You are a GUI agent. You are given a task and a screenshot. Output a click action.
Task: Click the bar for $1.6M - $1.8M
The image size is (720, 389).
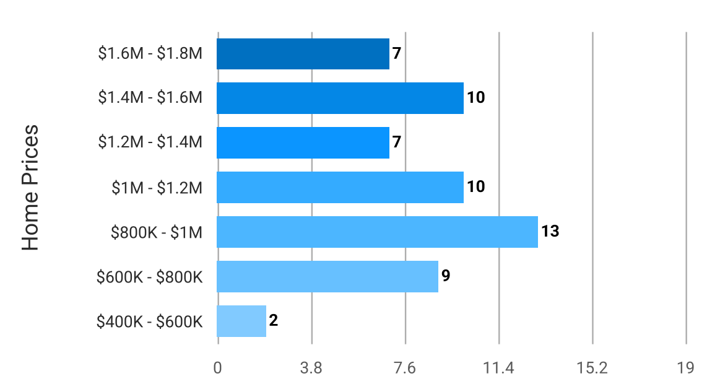click(303, 54)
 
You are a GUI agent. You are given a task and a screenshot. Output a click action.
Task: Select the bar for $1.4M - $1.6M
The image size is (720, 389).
click(340, 98)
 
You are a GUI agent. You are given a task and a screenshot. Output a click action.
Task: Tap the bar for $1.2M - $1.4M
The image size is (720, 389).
click(303, 142)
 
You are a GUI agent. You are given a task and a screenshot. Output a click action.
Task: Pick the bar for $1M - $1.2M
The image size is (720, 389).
click(340, 187)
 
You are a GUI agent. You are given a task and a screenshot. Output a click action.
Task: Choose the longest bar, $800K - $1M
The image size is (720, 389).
click(377, 232)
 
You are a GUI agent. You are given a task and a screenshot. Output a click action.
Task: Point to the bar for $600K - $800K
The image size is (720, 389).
click(327, 276)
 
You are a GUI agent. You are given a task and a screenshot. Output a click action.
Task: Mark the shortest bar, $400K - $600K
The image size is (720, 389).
click(241, 321)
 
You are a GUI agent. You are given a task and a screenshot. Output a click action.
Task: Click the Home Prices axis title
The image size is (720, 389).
click(30, 188)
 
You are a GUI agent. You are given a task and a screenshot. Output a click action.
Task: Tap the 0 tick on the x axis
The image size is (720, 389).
click(217, 368)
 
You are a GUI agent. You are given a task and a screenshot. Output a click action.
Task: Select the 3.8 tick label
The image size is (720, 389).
click(311, 368)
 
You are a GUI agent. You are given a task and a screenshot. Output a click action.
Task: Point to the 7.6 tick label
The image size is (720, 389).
click(405, 368)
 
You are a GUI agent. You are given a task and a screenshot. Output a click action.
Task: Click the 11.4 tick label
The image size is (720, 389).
click(498, 368)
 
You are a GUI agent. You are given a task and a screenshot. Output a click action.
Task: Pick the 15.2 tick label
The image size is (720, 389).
click(592, 368)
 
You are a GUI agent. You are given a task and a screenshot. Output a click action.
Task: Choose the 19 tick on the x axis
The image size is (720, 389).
click(685, 368)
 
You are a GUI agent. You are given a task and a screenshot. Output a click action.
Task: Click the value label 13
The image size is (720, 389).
click(550, 232)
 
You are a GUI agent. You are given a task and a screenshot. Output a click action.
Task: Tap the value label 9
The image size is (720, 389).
click(445, 276)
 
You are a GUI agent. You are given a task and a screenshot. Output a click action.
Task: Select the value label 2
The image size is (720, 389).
click(273, 321)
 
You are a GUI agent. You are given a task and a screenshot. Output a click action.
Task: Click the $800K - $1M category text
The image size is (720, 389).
click(157, 232)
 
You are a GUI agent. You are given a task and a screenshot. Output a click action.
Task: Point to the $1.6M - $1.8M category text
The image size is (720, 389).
click(150, 54)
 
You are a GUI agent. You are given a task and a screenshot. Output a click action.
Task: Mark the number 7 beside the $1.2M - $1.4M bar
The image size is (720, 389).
click(396, 142)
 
